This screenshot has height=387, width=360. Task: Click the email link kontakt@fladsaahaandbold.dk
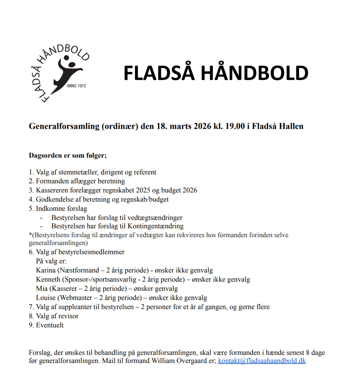[262, 361]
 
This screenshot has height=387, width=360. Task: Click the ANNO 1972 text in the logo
[76, 86]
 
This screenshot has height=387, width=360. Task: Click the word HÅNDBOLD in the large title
[254, 73]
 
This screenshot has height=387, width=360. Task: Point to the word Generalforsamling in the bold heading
[64, 126]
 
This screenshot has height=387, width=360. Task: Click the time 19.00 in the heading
[235, 126]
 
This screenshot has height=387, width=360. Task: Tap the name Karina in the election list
[46, 270]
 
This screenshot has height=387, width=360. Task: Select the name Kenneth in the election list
[48, 279]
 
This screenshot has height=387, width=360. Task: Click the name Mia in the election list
[42, 288]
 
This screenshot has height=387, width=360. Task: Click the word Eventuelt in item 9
[50, 325]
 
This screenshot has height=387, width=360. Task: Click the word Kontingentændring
[155, 226]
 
